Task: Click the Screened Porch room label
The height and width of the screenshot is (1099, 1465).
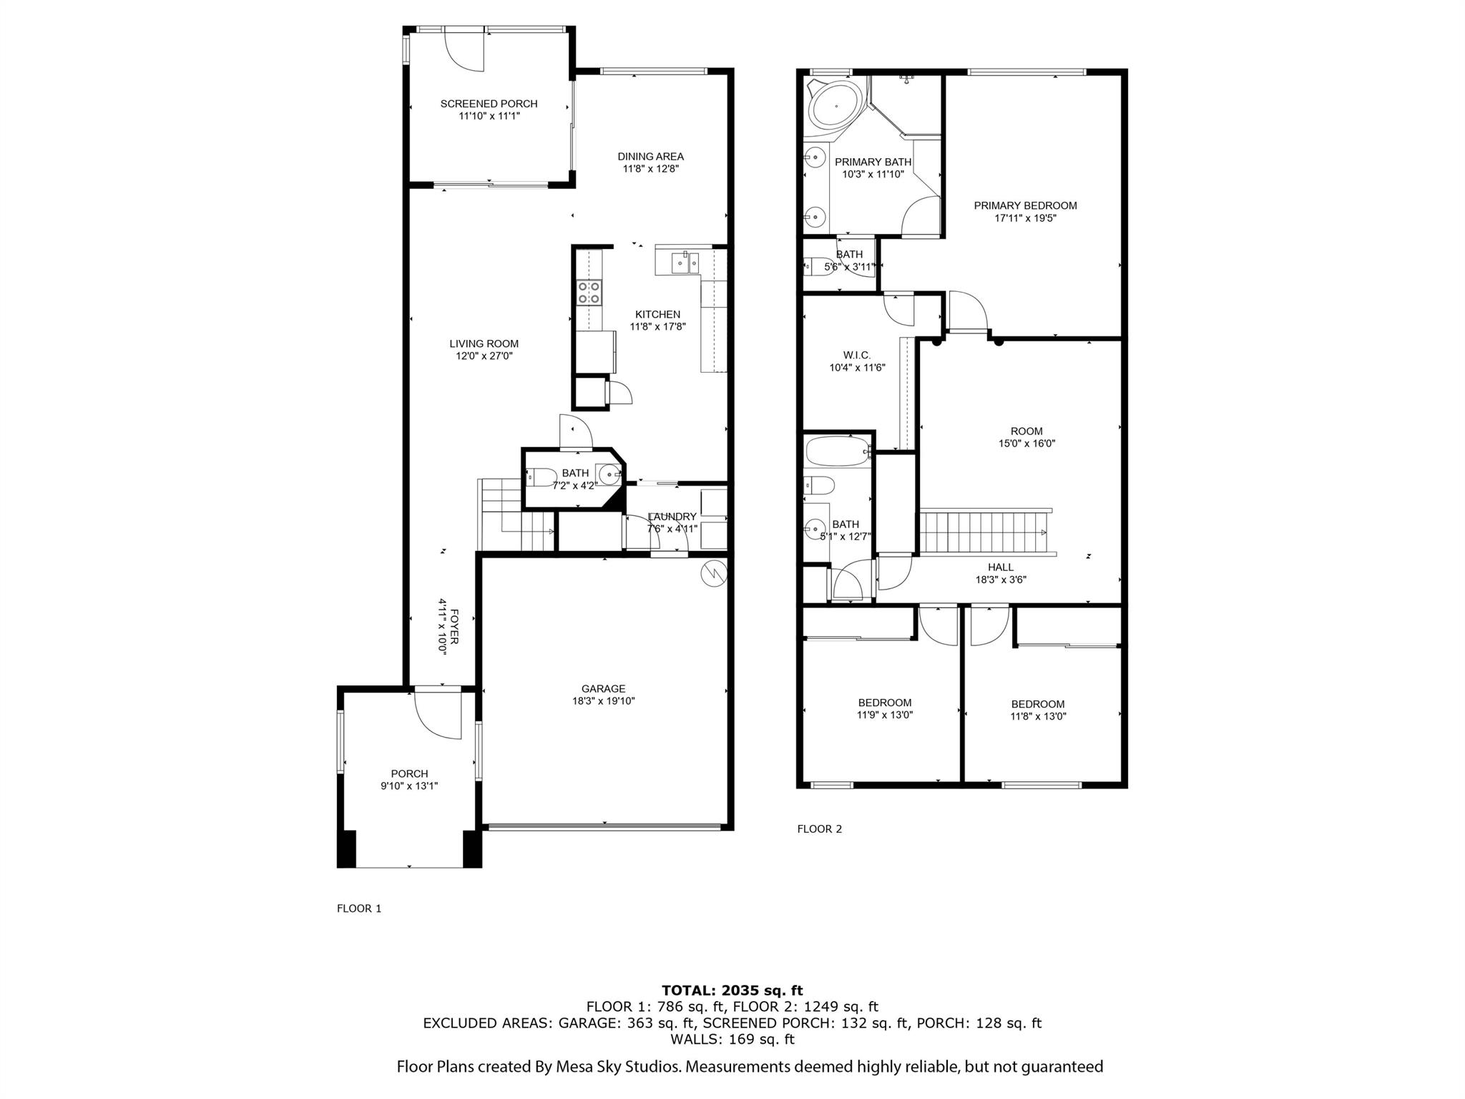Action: point(489,104)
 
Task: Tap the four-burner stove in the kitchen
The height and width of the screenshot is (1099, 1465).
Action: point(589,293)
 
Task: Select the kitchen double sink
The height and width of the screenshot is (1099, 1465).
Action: point(685,263)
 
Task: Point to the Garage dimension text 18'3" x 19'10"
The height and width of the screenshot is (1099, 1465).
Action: point(603,701)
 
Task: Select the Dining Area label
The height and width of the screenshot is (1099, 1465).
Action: point(650,156)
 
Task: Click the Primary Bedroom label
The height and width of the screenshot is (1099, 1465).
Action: point(1024,205)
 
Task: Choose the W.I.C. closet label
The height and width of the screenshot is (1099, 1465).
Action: point(856,355)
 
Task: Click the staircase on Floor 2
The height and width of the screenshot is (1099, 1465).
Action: point(984,532)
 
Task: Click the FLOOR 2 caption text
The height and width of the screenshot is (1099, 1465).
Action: point(819,829)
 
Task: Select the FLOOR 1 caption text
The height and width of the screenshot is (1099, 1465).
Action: point(359,908)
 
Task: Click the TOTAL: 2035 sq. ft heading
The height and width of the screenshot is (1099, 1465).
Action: point(732,990)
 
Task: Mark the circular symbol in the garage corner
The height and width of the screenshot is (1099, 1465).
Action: point(714,572)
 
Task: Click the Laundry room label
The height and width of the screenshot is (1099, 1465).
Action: point(672,517)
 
